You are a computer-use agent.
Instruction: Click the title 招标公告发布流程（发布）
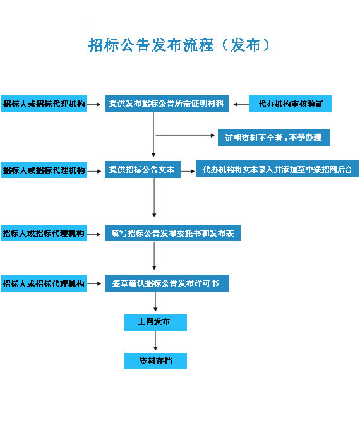(179, 45)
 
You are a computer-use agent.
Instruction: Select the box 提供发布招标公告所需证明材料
(167, 104)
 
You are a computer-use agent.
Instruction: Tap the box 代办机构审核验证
(290, 104)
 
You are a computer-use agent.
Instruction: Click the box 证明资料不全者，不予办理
(274, 138)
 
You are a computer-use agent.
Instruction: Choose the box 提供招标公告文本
(143, 169)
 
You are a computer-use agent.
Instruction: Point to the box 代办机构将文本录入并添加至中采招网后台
(277, 169)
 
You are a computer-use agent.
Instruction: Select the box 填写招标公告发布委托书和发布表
(173, 233)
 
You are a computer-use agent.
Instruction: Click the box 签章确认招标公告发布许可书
(167, 283)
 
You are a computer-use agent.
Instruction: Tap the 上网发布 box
(155, 322)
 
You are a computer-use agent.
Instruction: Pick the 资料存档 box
(155, 361)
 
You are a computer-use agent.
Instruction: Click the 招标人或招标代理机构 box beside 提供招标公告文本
(44, 170)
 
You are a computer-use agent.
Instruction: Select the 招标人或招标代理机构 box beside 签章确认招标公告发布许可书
(44, 283)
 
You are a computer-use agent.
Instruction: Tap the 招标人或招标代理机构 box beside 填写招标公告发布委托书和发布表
(44, 233)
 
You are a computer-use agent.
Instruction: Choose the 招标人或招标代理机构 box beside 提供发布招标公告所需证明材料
(44, 104)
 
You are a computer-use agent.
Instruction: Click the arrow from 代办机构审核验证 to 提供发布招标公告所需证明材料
(241, 104)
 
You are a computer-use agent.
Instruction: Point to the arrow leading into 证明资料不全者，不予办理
(185, 135)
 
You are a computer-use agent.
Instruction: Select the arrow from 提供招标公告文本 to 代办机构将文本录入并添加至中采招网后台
(188, 171)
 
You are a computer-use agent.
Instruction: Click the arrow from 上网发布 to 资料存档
(155, 340)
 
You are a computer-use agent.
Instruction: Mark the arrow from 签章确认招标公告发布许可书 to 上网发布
(155, 302)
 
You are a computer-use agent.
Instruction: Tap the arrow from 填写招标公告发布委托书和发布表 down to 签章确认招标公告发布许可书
(154, 256)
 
